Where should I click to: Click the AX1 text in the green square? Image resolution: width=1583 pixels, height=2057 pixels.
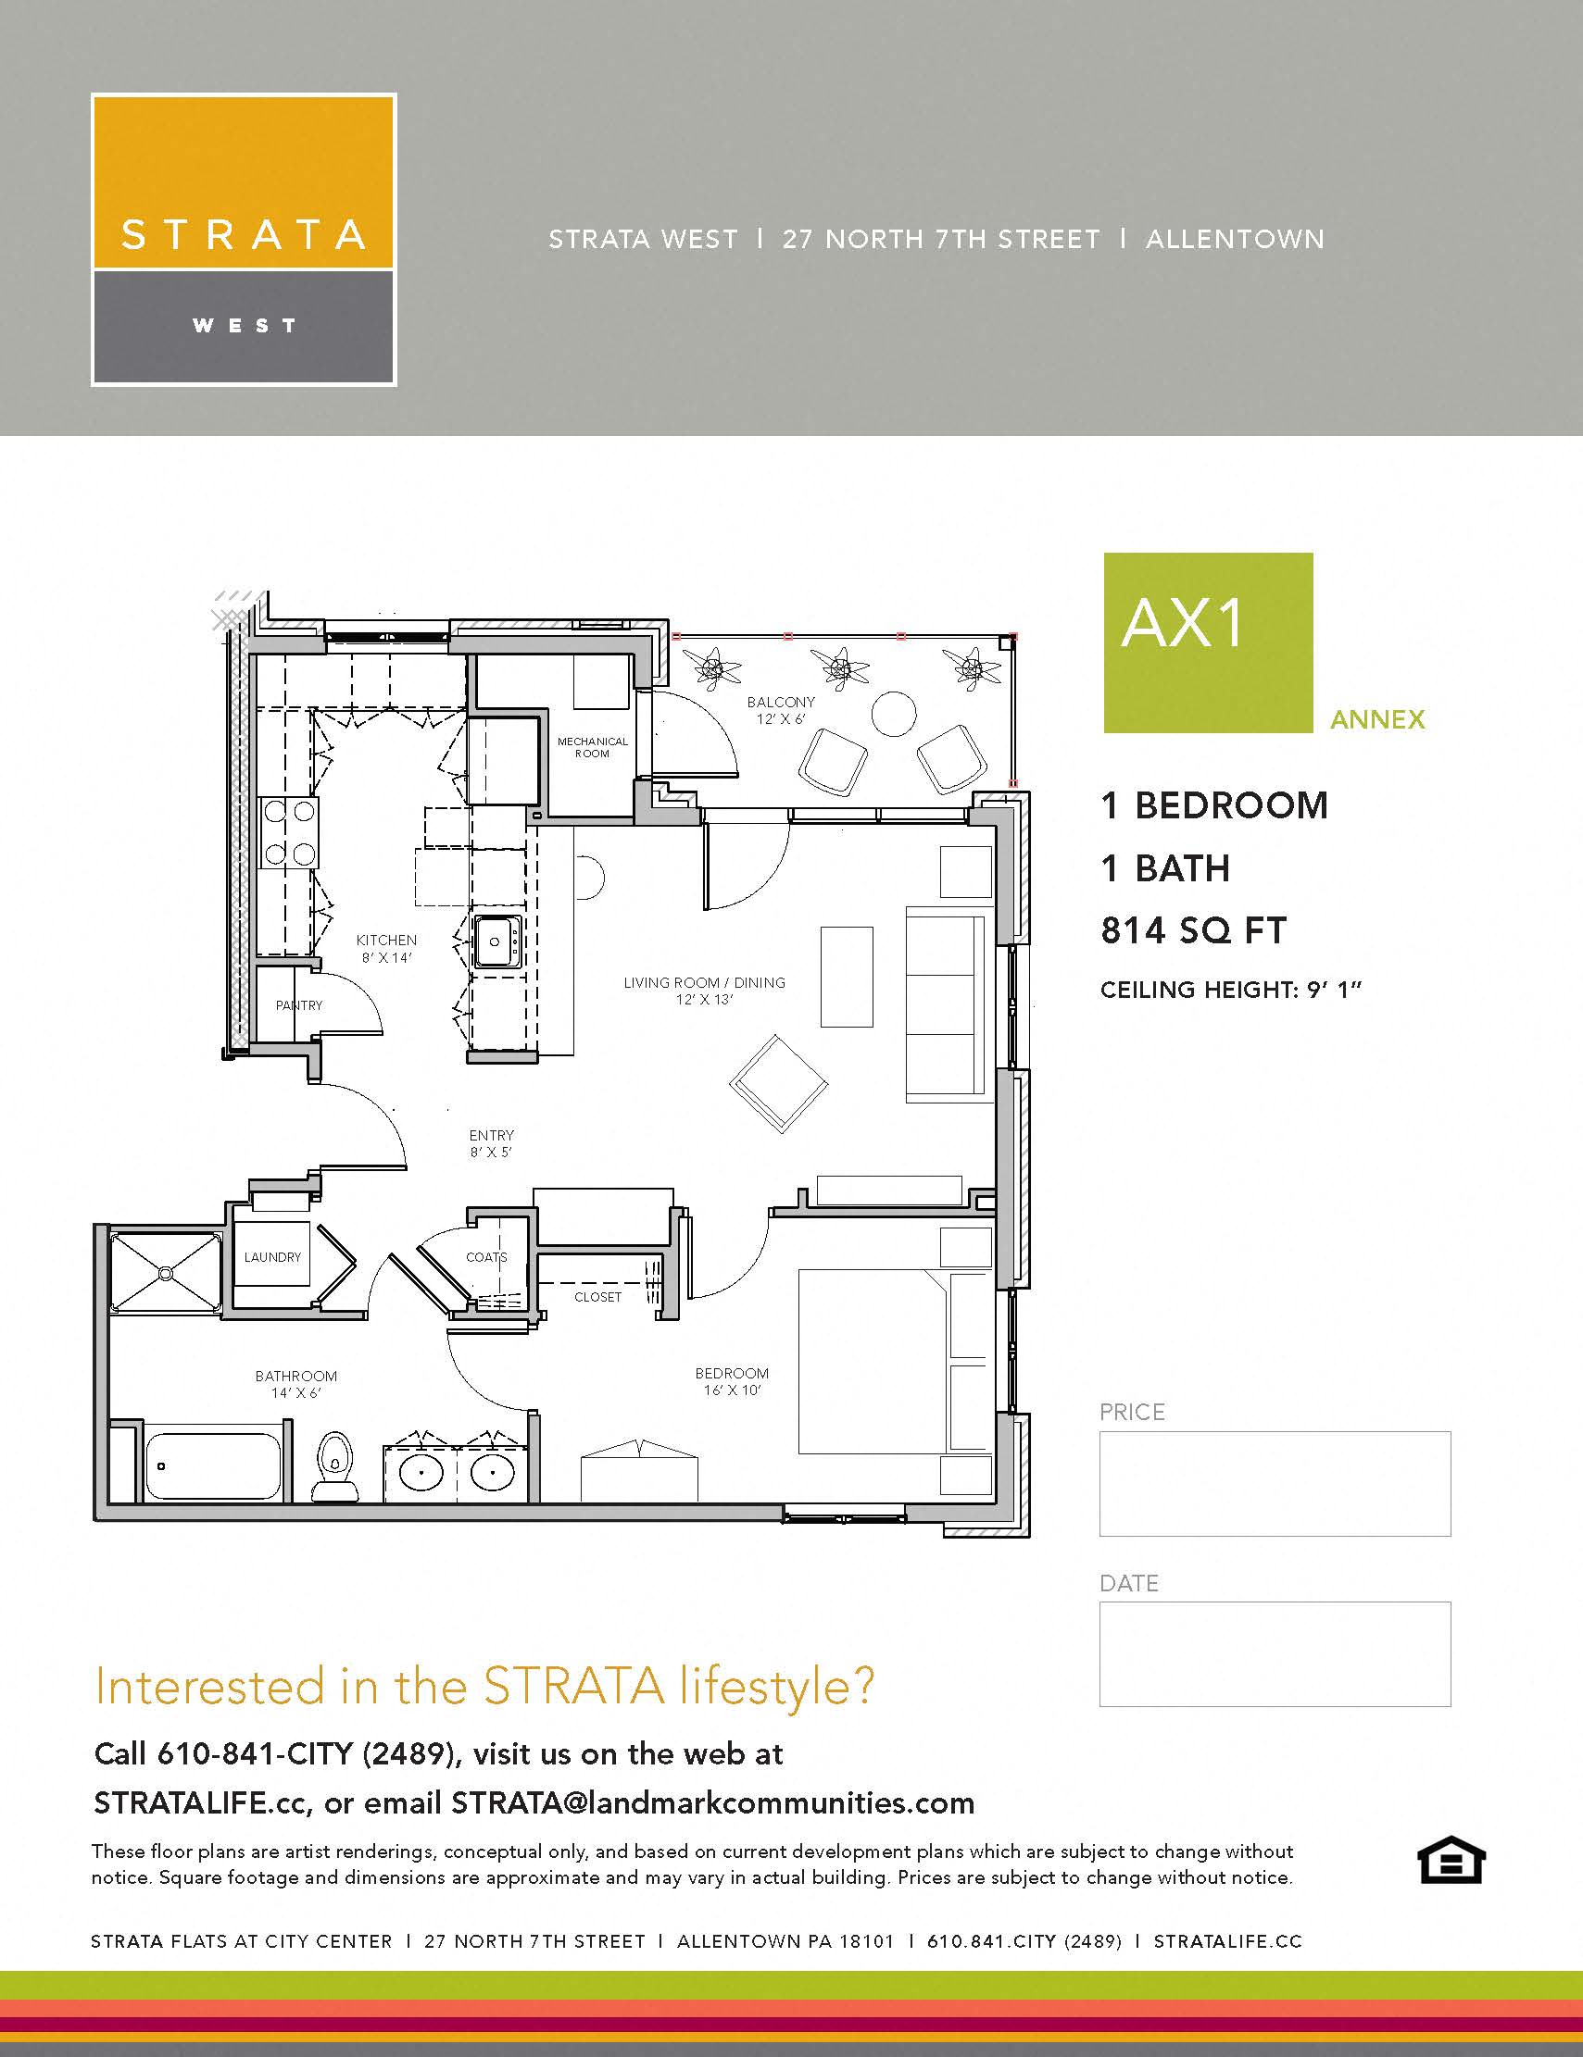click(x=1183, y=625)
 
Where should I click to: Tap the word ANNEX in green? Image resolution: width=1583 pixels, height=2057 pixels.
click(x=1376, y=719)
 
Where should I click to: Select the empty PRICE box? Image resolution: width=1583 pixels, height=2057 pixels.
click(x=1274, y=1483)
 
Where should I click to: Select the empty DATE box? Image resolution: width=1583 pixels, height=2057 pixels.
click(x=1274, y=1654)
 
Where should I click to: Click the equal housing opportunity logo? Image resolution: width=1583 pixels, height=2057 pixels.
click(x=1451, y=1860)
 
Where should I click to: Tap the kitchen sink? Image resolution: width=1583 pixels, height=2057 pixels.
click(x=496, y=941)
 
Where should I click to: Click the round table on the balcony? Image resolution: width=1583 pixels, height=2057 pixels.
click(x=893, y=714)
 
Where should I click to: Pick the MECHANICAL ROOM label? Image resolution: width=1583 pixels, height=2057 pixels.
click(x=592, y=747)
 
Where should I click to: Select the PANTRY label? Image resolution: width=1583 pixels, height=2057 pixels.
click(x=298, y=1005)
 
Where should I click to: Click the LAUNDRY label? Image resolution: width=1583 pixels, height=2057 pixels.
click(x=272, y=1256)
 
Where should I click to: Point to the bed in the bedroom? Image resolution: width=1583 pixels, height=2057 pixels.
click(x=872, y=1361)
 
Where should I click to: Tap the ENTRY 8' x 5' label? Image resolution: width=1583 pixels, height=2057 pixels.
click(x=491, y=1143)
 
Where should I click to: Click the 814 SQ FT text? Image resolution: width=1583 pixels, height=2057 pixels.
click(x=1193, y=930)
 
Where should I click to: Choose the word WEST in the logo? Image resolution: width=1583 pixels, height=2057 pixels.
click(x=244, y=326)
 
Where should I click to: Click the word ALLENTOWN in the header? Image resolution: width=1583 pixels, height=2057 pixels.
click(x=1235, y=239)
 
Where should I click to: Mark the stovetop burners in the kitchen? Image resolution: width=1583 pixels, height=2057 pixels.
click(x=289, y=832)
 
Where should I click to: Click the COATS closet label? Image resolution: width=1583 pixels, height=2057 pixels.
click(x=486, y=1257)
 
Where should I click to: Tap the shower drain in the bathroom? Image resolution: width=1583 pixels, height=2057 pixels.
click(x=167, y=1274)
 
